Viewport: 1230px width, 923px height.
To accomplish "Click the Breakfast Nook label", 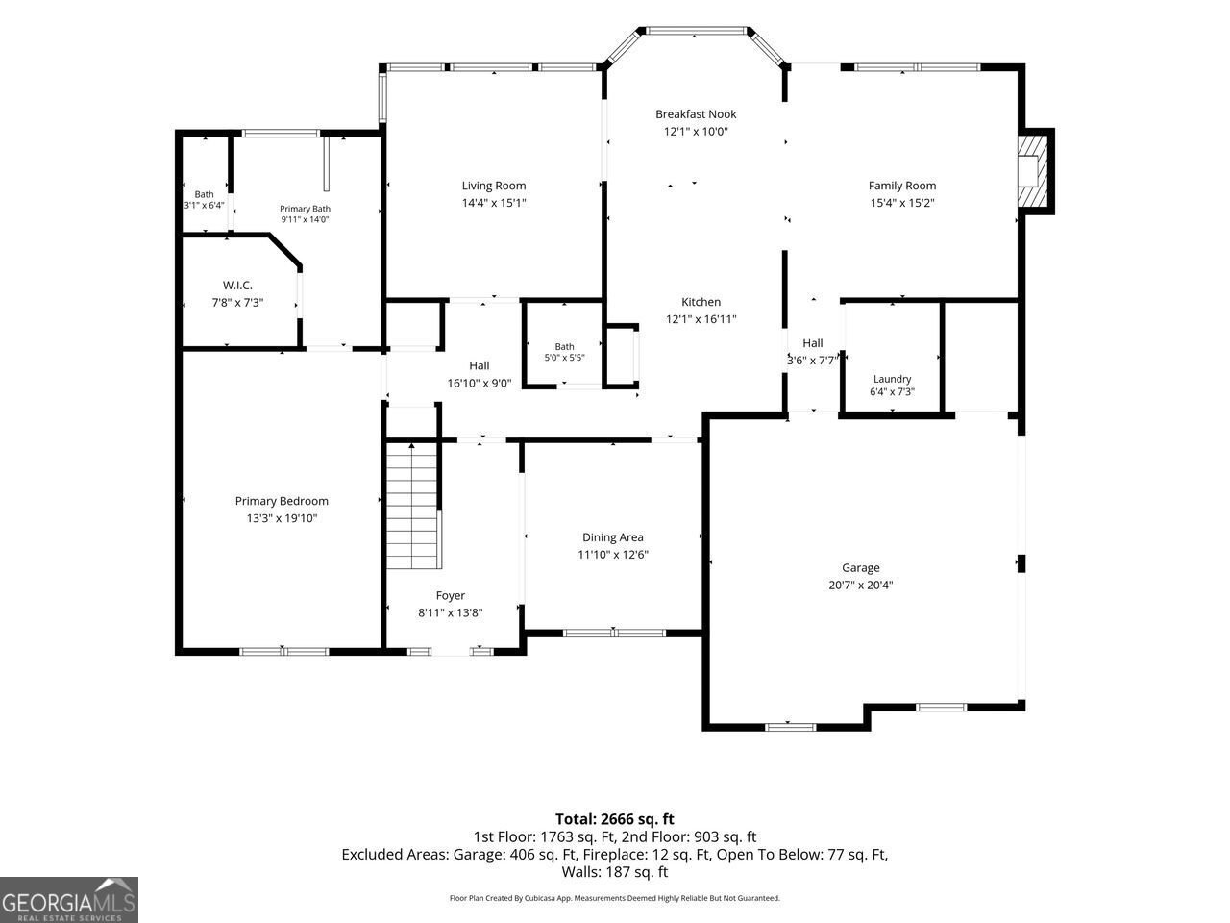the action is [x=696, y=114].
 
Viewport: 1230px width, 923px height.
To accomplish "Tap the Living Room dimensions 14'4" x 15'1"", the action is [x=494, y=203].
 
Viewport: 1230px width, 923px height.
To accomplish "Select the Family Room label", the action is [x=901, y=186].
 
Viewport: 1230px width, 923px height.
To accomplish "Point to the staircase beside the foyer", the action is [x=413, y=505].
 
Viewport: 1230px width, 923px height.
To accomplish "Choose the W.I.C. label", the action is [x=237, y=286].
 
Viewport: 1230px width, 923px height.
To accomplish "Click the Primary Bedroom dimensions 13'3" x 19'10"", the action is [x=282, y=518].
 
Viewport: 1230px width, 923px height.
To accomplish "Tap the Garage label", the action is [x=860, y=567].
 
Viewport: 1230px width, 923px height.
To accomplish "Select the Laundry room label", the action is [x=892, y=379].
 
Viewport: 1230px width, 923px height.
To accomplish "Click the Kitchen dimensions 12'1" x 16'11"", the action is [x=701, y=319].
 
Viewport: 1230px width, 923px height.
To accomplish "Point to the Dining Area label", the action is [x=612, y=537].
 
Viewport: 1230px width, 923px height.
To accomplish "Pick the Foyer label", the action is [x=450, y=596].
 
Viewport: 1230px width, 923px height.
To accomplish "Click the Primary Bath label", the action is [x=305, y=209].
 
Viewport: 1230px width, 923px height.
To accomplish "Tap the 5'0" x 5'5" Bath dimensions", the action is [x=564, y=358].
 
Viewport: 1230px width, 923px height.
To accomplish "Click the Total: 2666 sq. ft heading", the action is [x=614, y=819].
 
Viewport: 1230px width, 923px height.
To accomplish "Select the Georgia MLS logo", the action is [x=69, y=900].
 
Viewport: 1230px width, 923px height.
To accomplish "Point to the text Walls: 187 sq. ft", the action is [x=615, y=872].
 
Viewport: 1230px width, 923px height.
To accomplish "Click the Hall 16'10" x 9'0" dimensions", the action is [x=480, y=384].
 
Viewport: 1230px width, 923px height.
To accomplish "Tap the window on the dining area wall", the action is [x=614, y=634].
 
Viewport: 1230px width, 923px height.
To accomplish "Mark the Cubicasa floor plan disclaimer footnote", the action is [x=614, y=898].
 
